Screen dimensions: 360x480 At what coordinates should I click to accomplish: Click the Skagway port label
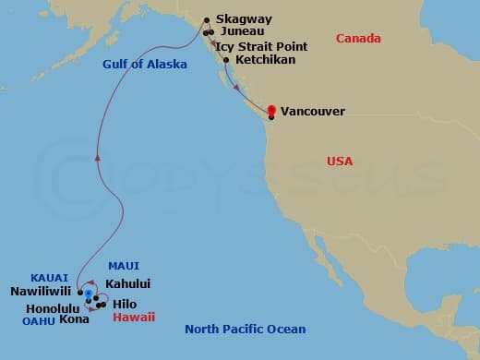(x=245, y=18)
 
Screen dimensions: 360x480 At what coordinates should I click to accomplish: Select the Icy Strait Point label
(x=262, y=44)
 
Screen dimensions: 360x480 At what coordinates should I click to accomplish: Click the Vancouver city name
(x=312, y=111)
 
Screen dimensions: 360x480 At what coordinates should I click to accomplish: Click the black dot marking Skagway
(x=206, y=18)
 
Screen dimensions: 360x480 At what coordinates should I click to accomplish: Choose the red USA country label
(x=340, y=162)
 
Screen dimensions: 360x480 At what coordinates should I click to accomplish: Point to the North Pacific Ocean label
(x=245, y=330)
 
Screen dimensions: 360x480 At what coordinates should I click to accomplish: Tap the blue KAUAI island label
(x=50, y=276)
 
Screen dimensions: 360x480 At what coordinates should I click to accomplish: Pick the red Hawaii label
(x=134, y=317)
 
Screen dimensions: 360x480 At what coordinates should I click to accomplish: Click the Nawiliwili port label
(x=41, y=291)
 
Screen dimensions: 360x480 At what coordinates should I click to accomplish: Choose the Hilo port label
(x=126, y=303)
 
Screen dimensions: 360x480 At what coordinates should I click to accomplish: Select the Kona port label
(x=74, y=319)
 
